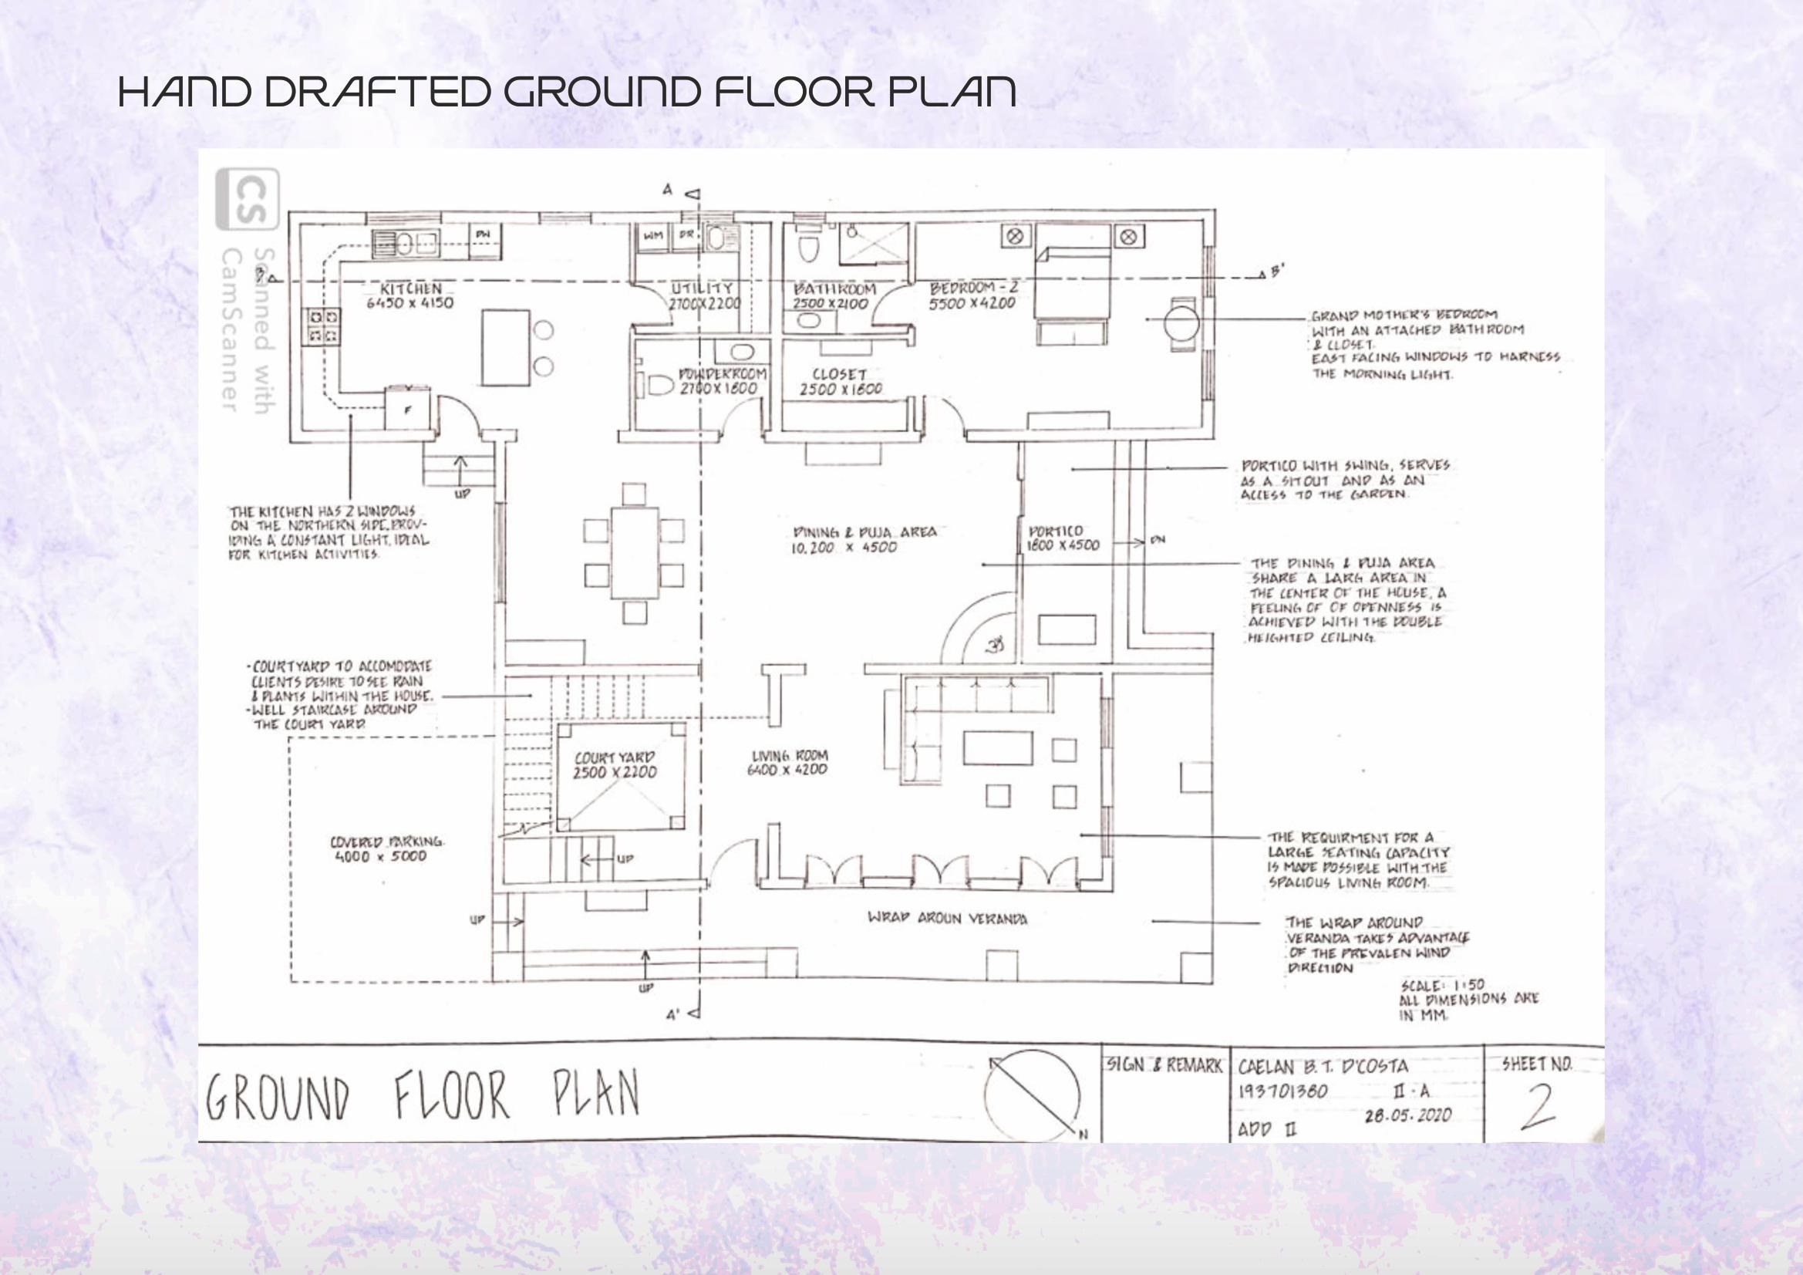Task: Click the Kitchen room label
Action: [x=411, y=288]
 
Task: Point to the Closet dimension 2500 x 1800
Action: [x=841, y=390]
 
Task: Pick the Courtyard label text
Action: [x=614, y=758]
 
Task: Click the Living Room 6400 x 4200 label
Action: [x=787, y=763]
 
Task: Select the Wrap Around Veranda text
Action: [x=947, y=919]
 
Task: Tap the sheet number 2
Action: [x=1537, y=1107]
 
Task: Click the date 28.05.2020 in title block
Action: [x=1407, y=1115]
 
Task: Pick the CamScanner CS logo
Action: [x=247, y=200]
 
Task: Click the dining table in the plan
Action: [x=635, y=553]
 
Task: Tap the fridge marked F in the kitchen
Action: [x=406, y=409]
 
